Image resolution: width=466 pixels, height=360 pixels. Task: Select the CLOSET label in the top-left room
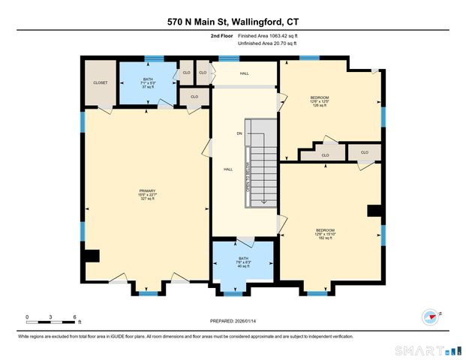coord(100,82)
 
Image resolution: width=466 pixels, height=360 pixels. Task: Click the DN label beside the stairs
coord(239,133)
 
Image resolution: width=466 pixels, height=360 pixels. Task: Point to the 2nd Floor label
coord(221,36)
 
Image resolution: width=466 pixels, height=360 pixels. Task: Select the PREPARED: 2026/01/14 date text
coord(233,323)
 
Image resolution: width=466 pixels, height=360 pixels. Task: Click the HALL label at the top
coord(244,73)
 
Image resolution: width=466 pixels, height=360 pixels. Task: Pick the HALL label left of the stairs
coord(227,169)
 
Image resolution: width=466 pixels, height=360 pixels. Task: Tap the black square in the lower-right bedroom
coord(374,211)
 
